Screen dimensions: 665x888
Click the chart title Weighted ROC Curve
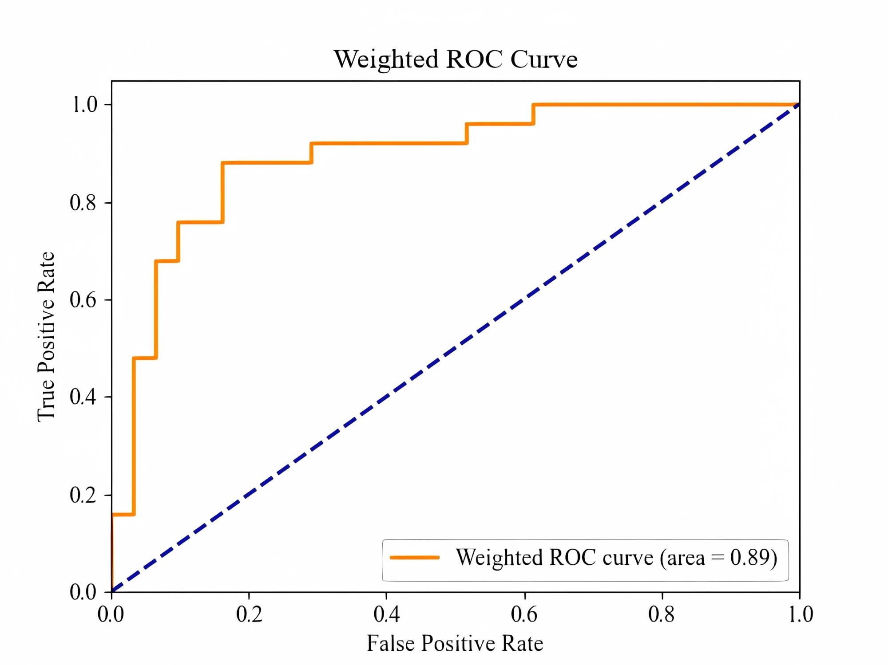coord(456,59)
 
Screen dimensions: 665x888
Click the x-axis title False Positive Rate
coord(455,643)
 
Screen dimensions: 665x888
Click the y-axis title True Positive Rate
coord(46,336)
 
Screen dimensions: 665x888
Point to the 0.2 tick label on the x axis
coord(249,614)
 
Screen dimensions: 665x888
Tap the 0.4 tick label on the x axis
coord(387,614)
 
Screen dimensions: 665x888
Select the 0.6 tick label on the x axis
coord(524,614)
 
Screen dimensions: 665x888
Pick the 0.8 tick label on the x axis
coord(662,614)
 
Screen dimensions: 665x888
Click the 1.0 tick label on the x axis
coord(801,614)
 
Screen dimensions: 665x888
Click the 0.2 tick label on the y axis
coord(83,495)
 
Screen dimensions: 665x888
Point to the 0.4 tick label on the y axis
coord(83,397)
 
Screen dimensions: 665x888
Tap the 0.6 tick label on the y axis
coord(83,300)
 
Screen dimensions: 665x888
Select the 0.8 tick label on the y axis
coord(83,203)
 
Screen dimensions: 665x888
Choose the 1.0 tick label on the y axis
coord(84,105)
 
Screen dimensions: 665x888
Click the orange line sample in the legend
coord(414,558)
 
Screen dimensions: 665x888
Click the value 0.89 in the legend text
coord(749,558)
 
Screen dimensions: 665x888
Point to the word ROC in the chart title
coord(474,59)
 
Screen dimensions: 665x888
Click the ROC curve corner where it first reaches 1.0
coord(533,105)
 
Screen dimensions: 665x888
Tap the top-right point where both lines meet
coord(799,105)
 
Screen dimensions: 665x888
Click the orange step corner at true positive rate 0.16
coord(134,514)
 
